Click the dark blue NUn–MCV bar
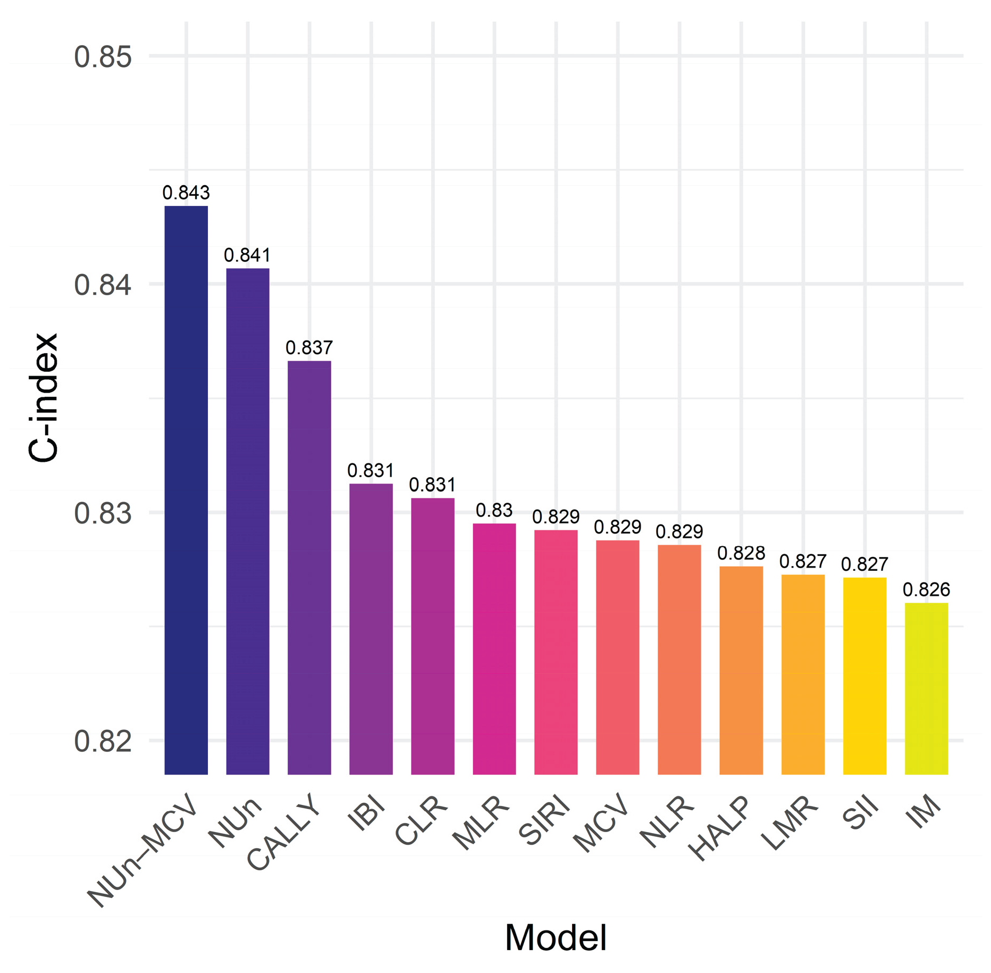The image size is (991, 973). coord(186,489)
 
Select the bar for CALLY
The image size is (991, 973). coord(309,567)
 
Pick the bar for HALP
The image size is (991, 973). coord(741,670)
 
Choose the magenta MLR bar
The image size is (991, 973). coord(494,648)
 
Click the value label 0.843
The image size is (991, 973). coord(186,193)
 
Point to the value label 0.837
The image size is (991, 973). coord(309,348)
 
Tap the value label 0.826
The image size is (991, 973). coord(926,589)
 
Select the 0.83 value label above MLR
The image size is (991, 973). coord(494,510)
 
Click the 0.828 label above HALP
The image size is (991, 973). coord(741,553)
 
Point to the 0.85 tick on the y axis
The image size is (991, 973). coord(103,57)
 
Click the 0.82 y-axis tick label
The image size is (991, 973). coord(103,741)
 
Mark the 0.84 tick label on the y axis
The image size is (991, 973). coord(103,285)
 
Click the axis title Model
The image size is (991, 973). coord(556,937)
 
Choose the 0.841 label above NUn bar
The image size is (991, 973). coord(248,255)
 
